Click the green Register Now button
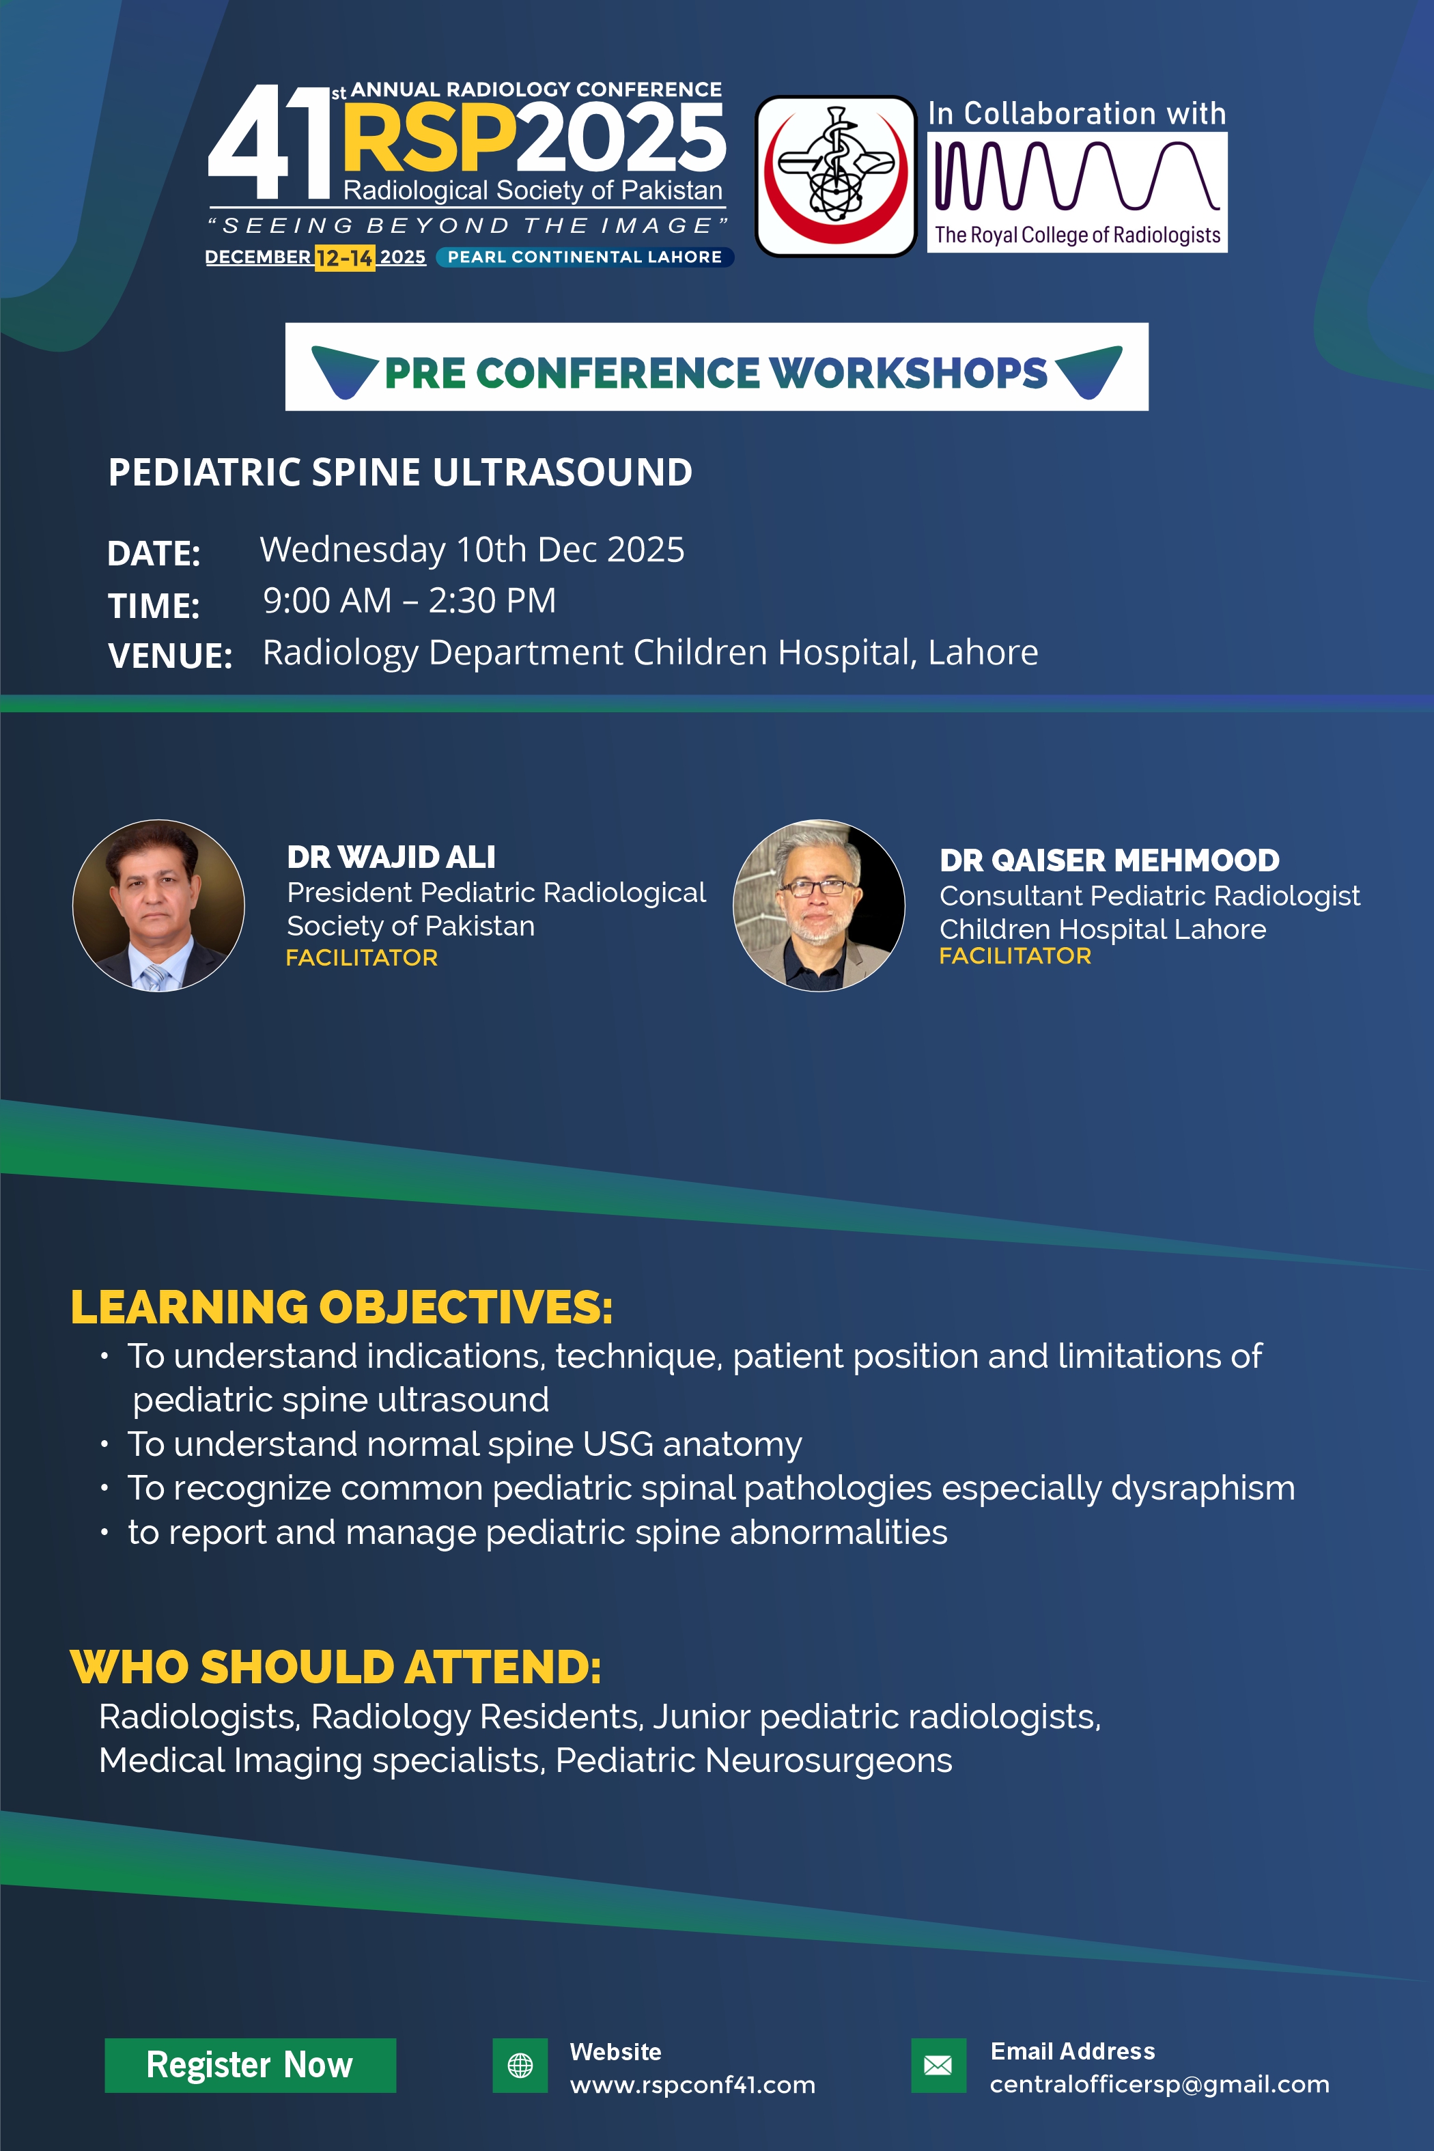(250, 2065)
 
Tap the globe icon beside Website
(520, 2065)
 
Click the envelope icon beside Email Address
(938, 2065)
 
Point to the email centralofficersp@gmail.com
(1159, 2084)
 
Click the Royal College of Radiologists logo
(1078, 192)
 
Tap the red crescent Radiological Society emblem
(836, 175)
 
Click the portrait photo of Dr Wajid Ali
(158, 905)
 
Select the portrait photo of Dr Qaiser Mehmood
(819, 905)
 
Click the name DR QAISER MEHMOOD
(1110, 860)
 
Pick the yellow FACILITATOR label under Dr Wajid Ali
(362, 957)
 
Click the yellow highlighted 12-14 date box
(345, 258)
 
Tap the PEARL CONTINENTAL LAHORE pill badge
(585, 257)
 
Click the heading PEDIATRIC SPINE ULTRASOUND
(401, 473)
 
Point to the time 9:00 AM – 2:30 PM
(410, 601)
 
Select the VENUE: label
(170, 656)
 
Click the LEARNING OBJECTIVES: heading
(342, 1307)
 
